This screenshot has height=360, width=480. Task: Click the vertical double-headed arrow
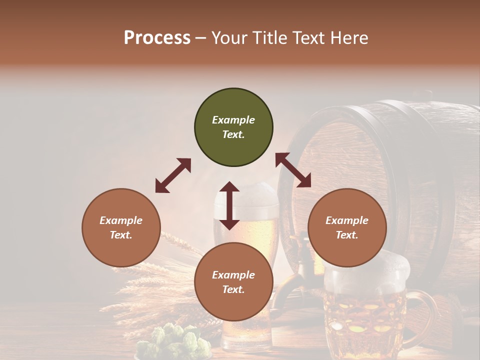click(229, 205)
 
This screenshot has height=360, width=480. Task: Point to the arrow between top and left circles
click(173, 175)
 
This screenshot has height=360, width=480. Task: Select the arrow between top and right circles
click(293, 170)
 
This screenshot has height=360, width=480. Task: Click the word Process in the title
click(157, 38)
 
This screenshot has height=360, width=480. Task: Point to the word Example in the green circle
click(233, 120)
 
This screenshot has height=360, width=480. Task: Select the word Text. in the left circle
click(121, 235)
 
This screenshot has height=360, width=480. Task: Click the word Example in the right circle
click(347, 220)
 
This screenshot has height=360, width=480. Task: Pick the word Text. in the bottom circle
click(233, 289)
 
